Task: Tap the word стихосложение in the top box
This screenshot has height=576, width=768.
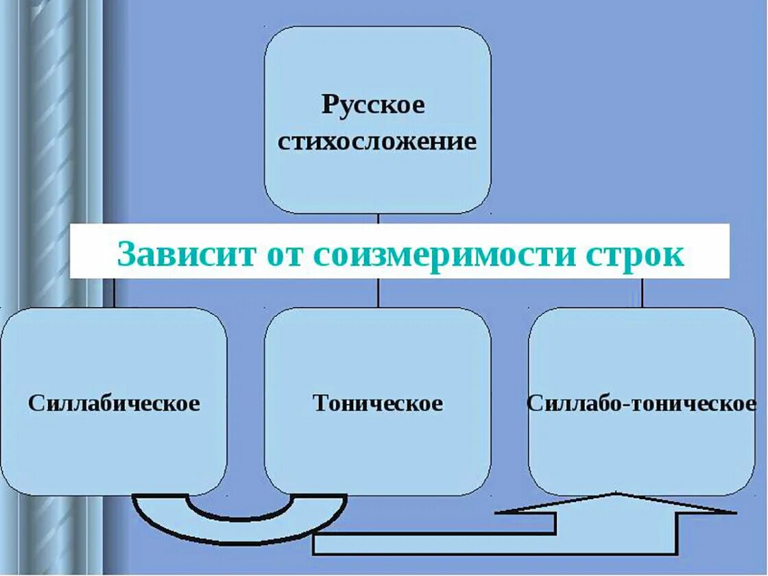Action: tap(377, 142)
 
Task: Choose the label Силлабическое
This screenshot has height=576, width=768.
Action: tap(114, 403)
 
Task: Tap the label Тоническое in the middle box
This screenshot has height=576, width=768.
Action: tap(378, 403)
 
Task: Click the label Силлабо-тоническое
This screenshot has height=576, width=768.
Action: tap(641, 403)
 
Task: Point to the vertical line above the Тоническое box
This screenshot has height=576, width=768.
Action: tap(378, 293)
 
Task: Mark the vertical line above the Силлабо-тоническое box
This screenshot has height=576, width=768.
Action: tap(642, 293)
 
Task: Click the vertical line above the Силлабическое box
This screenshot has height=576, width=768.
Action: tap(114, 293)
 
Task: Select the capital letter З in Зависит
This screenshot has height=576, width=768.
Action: tap(128, 255)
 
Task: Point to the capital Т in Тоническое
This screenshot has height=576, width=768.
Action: tap(320, 403)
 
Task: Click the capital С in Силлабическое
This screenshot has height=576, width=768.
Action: tap(35, 403)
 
